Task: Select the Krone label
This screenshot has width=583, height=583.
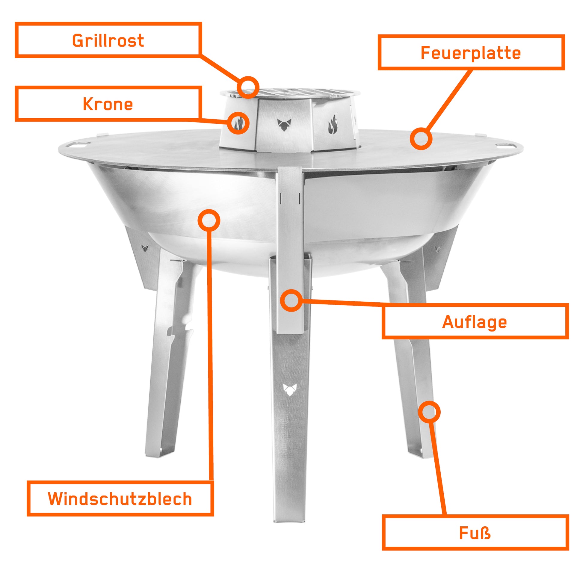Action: click(108, 104)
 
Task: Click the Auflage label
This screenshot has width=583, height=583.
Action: click(475, 322)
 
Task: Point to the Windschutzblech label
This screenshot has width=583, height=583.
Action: click(120, 499)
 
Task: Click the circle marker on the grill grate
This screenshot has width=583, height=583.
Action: click(248, 87)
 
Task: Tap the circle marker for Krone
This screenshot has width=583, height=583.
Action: click(238, 123)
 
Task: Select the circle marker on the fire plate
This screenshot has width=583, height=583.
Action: click(421, 139)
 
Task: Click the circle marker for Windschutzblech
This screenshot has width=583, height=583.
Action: click(209, 220)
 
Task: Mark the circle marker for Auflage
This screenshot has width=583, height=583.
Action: click(291, 300)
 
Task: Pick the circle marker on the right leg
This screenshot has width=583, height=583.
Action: click(429, 412)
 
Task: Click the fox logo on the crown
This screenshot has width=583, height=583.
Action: click(284, 125)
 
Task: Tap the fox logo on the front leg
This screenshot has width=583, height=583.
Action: click(290, 389)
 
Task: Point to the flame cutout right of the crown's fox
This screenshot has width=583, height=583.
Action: click(333, 124)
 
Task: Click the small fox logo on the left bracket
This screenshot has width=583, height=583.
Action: click(145, 248)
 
